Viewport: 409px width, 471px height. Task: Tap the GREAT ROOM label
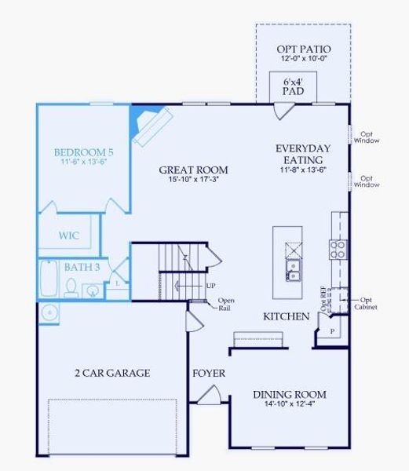[193, 170]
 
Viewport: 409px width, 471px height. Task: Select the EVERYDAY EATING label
[302, 153]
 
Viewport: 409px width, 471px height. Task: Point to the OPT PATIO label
[303, 50]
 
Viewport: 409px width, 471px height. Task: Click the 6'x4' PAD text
[298, 86]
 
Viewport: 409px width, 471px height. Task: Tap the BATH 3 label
[82, 268]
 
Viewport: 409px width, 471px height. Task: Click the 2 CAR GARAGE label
[111, 373]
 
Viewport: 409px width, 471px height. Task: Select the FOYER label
[209, 373]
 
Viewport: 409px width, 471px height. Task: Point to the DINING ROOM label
[289, 394]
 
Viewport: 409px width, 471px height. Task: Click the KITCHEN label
[286, 316]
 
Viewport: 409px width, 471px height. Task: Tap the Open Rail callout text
[226, 304]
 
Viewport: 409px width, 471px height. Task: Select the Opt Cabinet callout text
[367, 303]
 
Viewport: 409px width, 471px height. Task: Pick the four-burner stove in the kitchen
[338, 249]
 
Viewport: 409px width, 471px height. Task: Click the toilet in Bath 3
[71, 290]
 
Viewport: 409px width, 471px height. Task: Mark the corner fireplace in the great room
[149, 123]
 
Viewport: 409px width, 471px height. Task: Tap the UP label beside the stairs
[211, 286]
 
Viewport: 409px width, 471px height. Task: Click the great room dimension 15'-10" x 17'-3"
[193, 181]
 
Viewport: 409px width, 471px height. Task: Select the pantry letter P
[332, 332]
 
